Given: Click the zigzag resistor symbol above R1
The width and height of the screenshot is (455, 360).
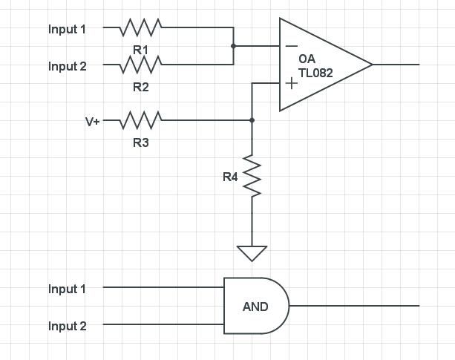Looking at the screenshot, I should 141,27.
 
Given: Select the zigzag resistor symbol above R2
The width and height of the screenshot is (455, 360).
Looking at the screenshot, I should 141,65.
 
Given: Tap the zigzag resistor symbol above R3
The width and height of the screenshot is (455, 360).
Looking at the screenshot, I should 141,120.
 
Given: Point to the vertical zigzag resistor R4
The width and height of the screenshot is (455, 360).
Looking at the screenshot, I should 252,177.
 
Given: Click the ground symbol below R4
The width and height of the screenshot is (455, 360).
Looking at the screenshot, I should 252,253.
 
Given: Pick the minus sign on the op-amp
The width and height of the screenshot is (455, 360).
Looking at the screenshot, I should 291,47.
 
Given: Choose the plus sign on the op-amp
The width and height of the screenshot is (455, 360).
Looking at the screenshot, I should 291,83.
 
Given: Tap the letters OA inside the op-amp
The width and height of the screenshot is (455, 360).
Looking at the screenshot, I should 307,59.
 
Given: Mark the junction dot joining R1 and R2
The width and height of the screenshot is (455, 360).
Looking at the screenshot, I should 233,46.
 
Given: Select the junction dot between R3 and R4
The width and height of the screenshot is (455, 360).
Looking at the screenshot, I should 252,120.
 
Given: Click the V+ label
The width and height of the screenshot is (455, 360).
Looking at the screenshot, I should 92,120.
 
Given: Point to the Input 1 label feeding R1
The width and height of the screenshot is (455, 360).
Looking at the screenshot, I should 68,29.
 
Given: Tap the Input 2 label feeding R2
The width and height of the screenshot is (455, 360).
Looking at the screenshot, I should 68,66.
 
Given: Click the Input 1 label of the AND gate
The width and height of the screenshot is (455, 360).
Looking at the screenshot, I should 68,289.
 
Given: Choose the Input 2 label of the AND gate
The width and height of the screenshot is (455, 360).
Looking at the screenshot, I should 68,326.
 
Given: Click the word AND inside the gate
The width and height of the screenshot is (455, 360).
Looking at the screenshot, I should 255,307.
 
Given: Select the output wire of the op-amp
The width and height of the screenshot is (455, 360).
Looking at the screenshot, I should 396,65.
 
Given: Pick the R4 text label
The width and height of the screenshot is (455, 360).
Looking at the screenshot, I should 230,177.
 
